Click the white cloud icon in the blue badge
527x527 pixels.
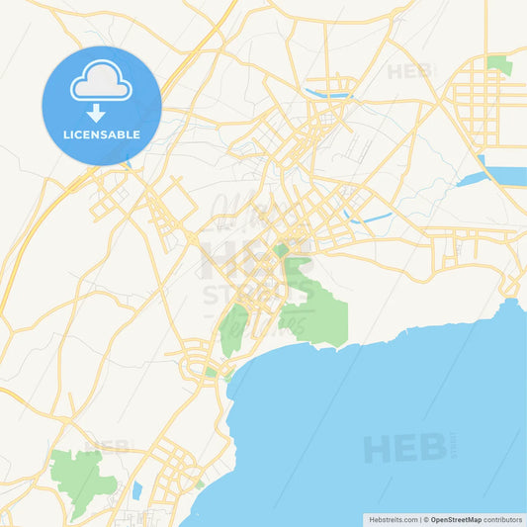coord(101,86)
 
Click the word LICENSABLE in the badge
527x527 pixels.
coord(101,134)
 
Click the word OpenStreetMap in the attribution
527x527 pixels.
coord(456,519)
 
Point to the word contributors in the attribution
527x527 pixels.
coord(503,519)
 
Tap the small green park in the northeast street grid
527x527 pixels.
coord(500,66)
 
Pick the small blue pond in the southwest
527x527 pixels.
coord(137,490)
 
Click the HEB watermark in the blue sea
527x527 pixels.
coord(405,448)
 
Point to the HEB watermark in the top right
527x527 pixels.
coord(409,71)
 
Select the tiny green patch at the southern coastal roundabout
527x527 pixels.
coord(211,373)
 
